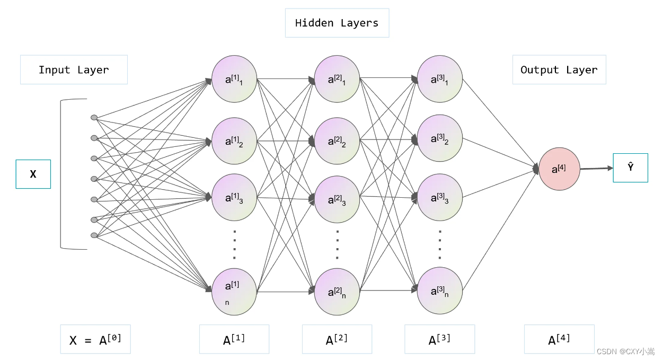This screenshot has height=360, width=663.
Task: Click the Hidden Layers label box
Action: (337, 23)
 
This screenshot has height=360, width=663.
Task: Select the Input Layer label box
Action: (74, 69)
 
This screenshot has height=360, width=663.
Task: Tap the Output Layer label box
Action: (559, 69)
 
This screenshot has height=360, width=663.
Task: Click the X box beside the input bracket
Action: (33, 174)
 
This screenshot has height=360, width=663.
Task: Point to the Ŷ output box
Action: (631, 168)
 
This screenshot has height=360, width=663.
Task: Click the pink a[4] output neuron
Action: (559, 169)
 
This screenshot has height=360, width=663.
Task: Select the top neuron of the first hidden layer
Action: (234, 79)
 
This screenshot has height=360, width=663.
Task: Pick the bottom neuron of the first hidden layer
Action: (234, 292)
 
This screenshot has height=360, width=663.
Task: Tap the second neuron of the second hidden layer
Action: (337, 141)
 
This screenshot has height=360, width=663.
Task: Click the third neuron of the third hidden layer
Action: (439, 197)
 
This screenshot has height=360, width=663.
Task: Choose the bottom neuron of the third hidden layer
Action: (439, 291)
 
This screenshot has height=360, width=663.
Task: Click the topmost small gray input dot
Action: (94, 118)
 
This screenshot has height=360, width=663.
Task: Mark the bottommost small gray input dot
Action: (94, 235)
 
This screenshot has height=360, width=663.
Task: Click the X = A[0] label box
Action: (95, 339)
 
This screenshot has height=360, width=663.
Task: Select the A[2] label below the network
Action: (337, 339)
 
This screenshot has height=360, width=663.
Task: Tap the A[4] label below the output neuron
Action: (559, 339)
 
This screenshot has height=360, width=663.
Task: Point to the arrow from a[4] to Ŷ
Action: (596, 169)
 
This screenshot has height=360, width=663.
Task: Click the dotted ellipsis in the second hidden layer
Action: (337, 244)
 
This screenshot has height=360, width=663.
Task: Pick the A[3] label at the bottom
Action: (439, 339)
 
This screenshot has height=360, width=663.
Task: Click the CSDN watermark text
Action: (625, 352)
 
